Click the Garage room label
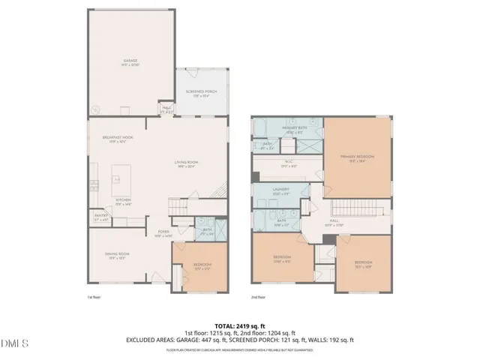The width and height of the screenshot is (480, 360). click(130, 61)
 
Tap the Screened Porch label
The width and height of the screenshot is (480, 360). click(200, 93)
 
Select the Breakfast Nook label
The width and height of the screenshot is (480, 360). click(117, 139)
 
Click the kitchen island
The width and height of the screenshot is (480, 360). click(118, 180)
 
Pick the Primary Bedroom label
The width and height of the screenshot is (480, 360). click(357, 157)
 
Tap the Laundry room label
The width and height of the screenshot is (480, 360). click(281, 190)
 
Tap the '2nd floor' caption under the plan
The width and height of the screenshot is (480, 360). click(259, 298)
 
